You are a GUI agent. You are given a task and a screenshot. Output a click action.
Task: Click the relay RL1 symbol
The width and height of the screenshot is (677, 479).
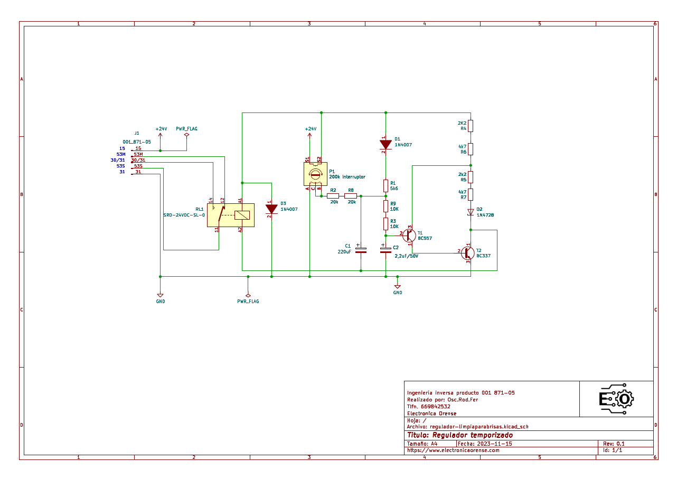click(231, 215)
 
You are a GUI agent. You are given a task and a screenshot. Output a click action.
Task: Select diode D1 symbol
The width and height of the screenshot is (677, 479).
click(385, 144)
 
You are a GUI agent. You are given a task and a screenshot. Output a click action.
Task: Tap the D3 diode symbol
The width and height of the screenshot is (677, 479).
click(271, 209)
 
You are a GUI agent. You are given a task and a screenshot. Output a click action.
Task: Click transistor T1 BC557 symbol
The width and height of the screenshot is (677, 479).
click(409, 236)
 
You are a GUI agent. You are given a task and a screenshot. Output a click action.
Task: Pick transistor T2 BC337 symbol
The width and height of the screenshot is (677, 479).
click(467, 253)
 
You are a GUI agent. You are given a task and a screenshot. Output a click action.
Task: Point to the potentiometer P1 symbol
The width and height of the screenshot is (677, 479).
click(315, 174)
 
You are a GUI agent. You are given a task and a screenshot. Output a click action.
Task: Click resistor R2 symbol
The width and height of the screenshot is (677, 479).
click(333, 196)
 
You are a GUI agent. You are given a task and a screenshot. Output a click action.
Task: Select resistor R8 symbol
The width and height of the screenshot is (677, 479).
click(351, 196)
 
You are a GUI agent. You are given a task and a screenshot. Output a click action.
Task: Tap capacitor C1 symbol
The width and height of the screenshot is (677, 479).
click(361, 249)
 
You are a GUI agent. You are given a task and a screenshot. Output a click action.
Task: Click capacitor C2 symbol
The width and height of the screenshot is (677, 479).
click(385, 249)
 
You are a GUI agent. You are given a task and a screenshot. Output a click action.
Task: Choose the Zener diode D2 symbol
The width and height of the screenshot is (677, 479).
click(471, 212)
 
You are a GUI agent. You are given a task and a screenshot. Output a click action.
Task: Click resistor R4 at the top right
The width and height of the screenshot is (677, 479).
click(471, 126)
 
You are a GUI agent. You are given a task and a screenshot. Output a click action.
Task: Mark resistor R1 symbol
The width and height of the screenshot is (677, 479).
click(385, 185)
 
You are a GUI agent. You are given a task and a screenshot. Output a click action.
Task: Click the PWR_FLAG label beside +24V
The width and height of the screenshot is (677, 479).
click(186, 128)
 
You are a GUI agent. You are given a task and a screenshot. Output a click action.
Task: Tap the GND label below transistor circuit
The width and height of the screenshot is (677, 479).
click(397, 293)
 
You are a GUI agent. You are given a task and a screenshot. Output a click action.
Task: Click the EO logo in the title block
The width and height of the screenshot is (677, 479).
click(616, 399)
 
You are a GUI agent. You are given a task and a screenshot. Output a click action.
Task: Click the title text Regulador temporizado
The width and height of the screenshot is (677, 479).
click(459, 435)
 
